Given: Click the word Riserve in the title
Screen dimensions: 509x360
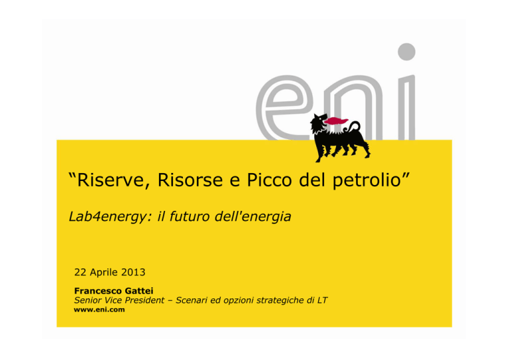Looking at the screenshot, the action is coord(111,180).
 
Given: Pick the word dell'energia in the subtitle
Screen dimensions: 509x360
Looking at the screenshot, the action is coord(253,217).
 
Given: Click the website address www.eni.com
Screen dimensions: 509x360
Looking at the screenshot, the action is coord(99,310).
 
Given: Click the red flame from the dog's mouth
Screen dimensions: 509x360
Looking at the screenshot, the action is coord(336,121).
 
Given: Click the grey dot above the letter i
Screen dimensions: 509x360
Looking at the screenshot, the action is coord(407,52).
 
